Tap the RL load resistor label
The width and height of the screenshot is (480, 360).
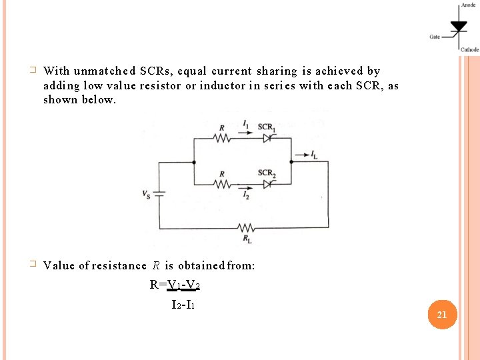tap(247, 239)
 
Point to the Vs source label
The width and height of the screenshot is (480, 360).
tap(146, 194)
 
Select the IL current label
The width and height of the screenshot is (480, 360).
tap(314, 155)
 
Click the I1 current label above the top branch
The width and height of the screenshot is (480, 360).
tap(246, 125)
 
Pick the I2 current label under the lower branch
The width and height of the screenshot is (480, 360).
tap(246, 196)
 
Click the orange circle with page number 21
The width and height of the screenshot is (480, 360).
tap(441, 315)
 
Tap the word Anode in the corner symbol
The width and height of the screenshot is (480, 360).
tap(468, 5)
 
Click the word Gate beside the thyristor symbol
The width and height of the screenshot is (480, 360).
tap(435, 37)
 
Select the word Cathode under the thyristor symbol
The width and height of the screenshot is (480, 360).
tap(469, 49)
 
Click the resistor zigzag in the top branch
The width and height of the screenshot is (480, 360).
tap(221, 139)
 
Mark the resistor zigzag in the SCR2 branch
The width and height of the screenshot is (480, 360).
tap(221, 184)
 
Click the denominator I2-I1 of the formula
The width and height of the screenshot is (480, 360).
tap(183, 305)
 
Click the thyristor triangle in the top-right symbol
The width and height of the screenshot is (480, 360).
tap(459, 27)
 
